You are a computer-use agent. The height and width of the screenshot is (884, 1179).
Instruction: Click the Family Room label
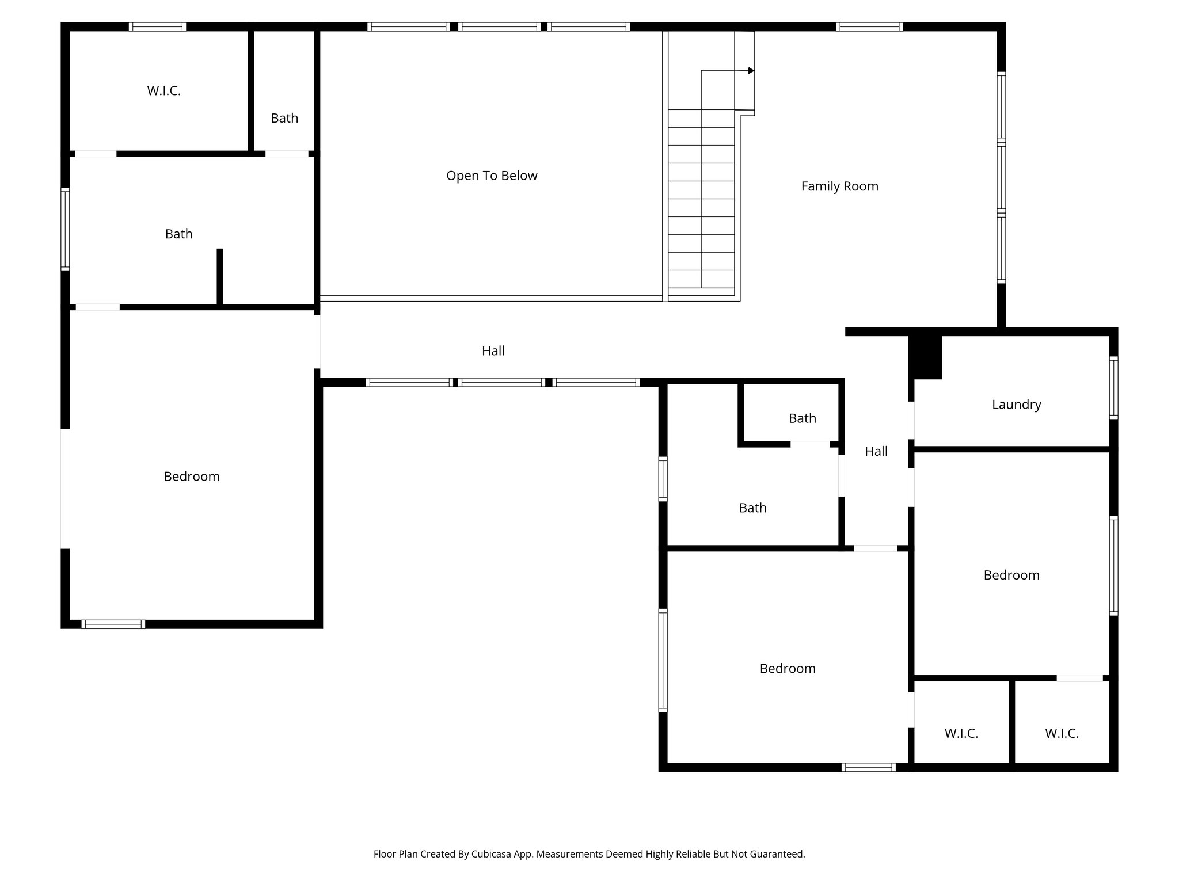pos(839,186)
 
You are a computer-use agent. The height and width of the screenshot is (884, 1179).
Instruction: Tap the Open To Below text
pos(492,176)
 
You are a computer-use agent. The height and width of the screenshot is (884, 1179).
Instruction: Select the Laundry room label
pos(1016,405)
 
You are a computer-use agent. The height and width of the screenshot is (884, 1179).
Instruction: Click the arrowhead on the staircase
pos(751,71)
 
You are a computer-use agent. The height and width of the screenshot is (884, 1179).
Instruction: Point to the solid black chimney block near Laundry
pos(925,357)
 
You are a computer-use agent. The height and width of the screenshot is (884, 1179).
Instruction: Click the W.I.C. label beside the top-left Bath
pos(163,91)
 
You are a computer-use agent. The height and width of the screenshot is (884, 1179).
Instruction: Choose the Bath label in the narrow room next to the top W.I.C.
pos(284,118)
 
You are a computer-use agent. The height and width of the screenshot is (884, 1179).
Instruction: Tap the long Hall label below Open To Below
pos(493,351)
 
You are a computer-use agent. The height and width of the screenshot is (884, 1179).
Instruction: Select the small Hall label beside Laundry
pos(876,452)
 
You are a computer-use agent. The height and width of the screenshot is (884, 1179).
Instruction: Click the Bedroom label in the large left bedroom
pos(191,477)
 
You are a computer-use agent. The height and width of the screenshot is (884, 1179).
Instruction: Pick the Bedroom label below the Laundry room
pos(1011,576)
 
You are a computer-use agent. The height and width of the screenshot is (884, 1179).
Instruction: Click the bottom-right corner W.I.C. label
pos(1061,734)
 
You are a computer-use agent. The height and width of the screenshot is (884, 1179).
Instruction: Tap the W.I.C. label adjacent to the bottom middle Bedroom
pos(961,734)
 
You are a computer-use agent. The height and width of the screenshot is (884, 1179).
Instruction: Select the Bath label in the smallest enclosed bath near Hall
pos(802,419)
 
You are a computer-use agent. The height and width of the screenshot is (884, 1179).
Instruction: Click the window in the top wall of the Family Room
pos(869,26)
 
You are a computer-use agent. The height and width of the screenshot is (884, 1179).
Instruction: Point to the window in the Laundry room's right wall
pos(1113,387)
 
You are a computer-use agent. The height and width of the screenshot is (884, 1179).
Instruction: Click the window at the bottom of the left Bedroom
pos(113,624)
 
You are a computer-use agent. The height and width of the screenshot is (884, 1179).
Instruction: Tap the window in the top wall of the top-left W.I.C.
pos(157,26)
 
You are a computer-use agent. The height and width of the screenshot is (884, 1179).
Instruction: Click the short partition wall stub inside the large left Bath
pos(219,277)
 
